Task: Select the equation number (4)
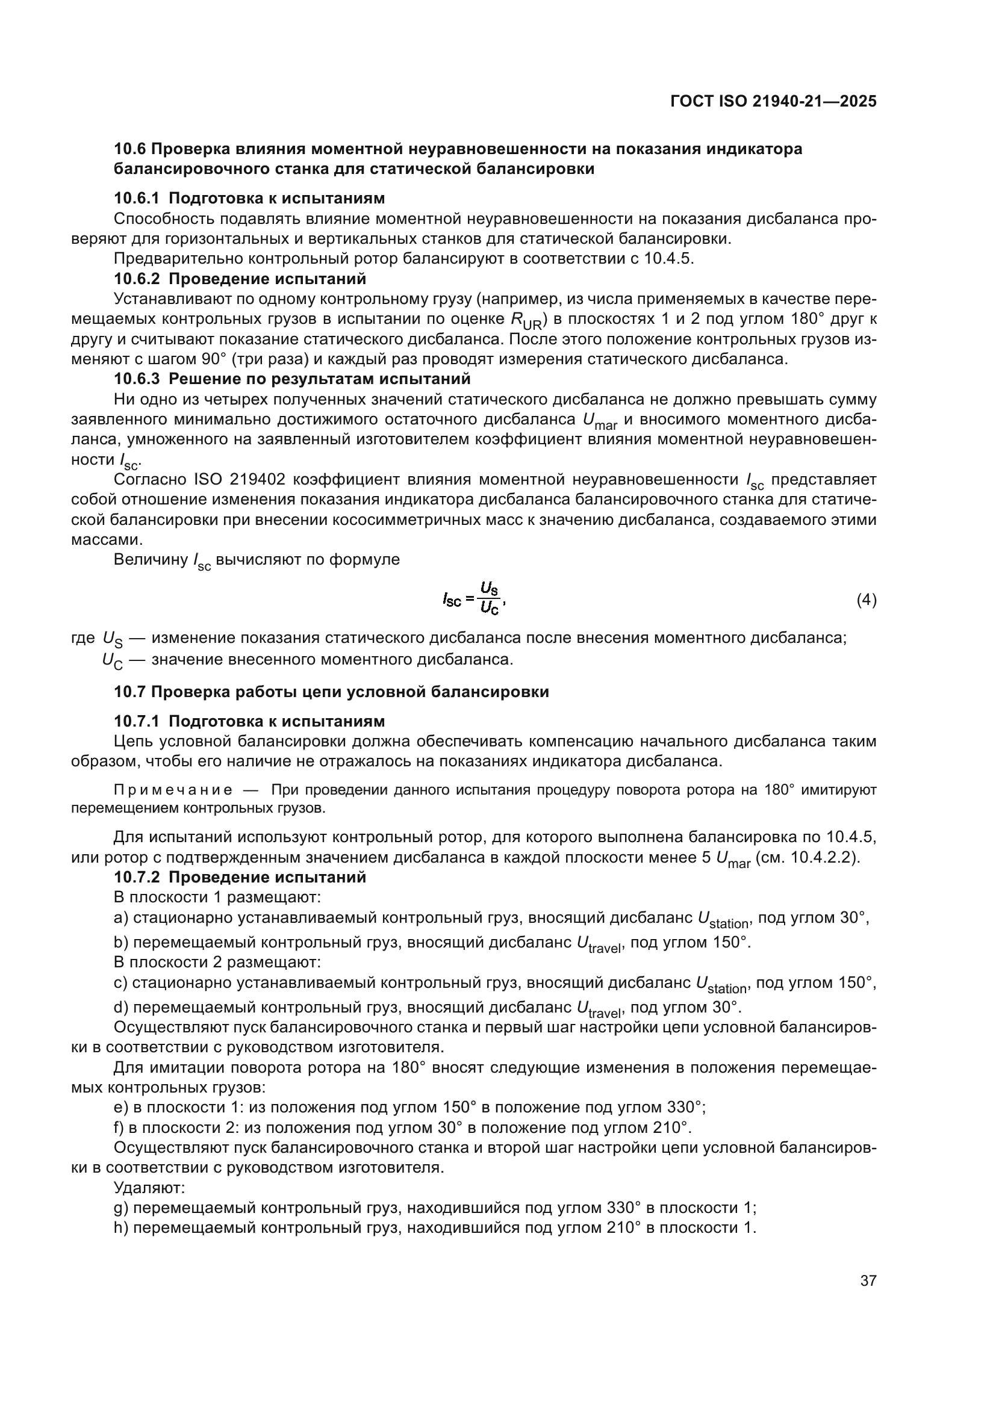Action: pos(866,600)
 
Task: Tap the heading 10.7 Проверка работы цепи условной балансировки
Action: pos(331,692)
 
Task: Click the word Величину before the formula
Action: pos(151,559)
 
